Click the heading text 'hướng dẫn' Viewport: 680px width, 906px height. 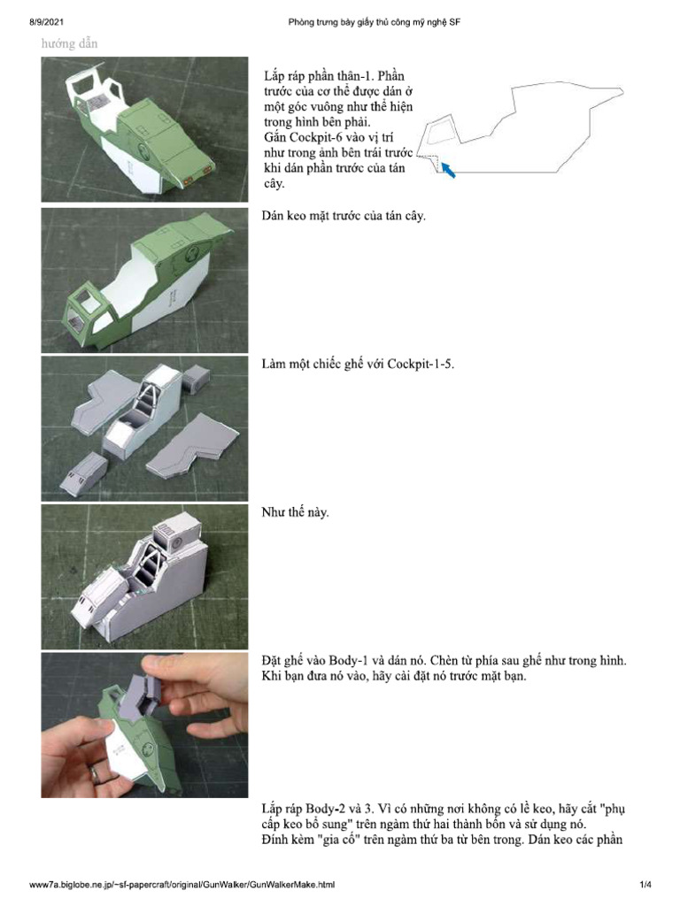[70, 43]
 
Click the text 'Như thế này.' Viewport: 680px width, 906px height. [296, 512]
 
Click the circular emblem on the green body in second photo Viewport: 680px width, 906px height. [189, 257]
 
